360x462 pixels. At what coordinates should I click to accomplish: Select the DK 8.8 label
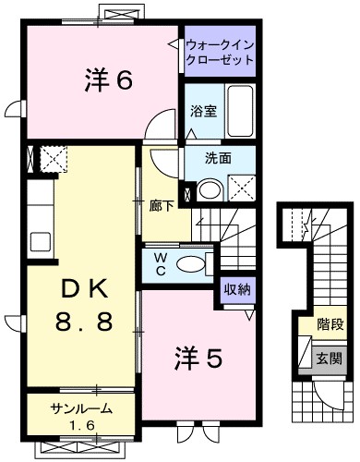click(x=84, y=308)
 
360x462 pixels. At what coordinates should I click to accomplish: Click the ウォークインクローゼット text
click(x=219, y=52)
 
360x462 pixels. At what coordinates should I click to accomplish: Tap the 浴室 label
click(x=203, y=111)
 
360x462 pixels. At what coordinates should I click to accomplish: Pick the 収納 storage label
click(x=236, y=289)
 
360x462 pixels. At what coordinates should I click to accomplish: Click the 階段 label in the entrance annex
click(x=330, y=325)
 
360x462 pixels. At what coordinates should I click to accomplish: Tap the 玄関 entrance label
click(x=330, y=358)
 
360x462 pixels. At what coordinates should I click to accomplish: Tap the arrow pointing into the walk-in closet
click(x=174, y=44)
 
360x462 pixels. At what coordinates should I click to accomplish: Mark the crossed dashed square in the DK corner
click(x=53, y=160)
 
